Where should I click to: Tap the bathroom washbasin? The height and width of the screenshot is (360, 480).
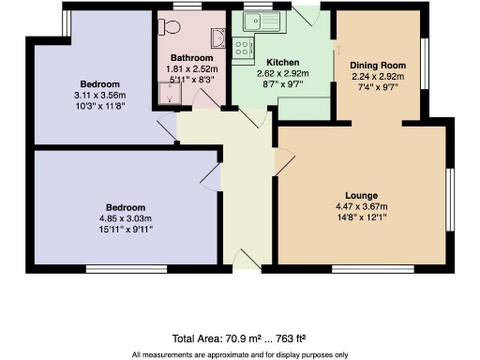(218, 36)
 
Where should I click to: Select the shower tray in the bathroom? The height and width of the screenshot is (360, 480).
(172, 92)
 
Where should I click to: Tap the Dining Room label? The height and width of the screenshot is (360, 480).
(376, 66)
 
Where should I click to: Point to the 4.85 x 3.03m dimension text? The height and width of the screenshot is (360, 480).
(125, 217)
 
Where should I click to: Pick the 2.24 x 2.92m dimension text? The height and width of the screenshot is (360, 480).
(376, 76)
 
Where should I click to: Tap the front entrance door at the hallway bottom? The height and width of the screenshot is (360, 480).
(247, 260)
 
